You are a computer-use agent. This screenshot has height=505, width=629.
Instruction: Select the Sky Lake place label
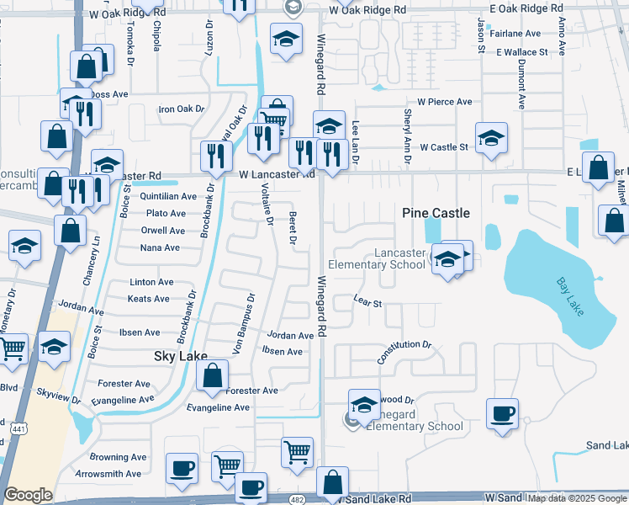coord(180,356)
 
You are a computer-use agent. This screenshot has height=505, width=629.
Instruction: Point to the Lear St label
coord(367,300)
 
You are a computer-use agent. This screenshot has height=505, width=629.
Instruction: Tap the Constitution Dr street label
coord(404,345)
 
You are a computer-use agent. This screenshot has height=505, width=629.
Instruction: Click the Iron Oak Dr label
coord(182,109)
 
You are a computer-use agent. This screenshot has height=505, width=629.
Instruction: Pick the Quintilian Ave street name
coord(168,196)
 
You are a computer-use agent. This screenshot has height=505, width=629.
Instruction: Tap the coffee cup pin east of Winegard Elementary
coord(502,414)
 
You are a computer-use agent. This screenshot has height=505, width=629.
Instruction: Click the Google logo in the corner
coord(28,495)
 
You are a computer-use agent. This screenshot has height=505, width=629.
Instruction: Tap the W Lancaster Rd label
coord(276,174)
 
